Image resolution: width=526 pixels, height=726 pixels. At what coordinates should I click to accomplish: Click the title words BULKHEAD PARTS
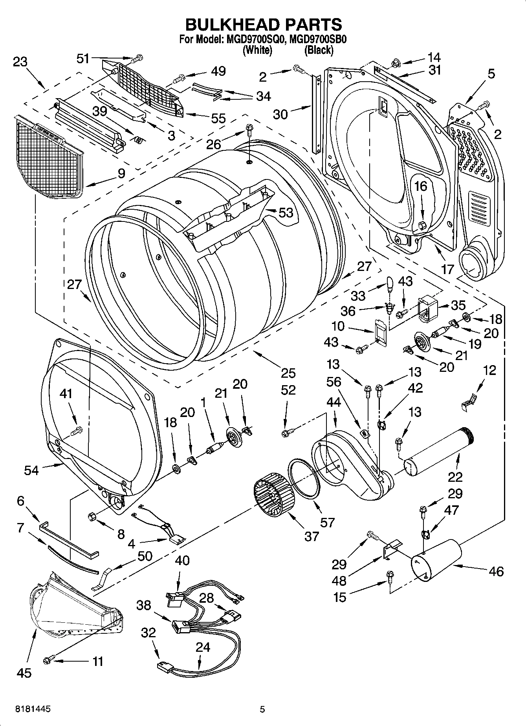click(263, 24)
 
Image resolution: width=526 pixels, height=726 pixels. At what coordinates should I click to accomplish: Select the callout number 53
click(286, 212)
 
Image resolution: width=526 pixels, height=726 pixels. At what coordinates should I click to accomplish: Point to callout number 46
click(496, 571)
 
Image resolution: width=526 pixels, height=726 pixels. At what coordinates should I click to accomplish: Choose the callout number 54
click(31, 470)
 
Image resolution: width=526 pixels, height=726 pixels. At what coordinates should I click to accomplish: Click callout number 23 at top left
click(20, 62)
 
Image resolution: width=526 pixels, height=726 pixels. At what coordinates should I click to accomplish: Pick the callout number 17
click(447, 269)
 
